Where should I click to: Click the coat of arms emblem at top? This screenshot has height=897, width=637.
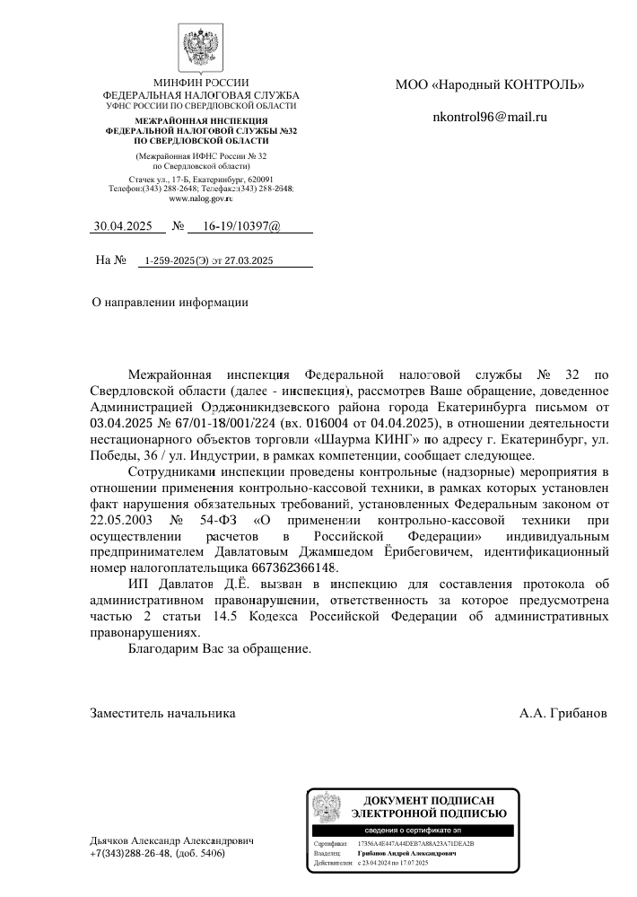201,46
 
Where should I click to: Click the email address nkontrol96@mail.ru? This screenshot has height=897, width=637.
489,117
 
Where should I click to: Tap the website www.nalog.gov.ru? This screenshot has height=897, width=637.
201,198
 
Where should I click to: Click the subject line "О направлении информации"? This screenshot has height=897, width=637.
170,303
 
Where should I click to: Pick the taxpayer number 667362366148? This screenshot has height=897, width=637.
293,567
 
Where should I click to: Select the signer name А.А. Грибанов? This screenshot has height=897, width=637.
563,713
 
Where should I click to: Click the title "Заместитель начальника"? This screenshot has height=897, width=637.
163,713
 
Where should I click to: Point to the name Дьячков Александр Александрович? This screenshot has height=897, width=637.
172,840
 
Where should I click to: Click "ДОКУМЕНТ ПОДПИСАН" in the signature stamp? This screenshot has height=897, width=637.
429,800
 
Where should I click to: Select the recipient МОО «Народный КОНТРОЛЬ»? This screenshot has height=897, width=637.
490,85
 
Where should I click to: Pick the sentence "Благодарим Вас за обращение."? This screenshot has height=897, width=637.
220,648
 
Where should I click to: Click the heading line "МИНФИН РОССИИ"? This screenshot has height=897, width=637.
201,83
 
